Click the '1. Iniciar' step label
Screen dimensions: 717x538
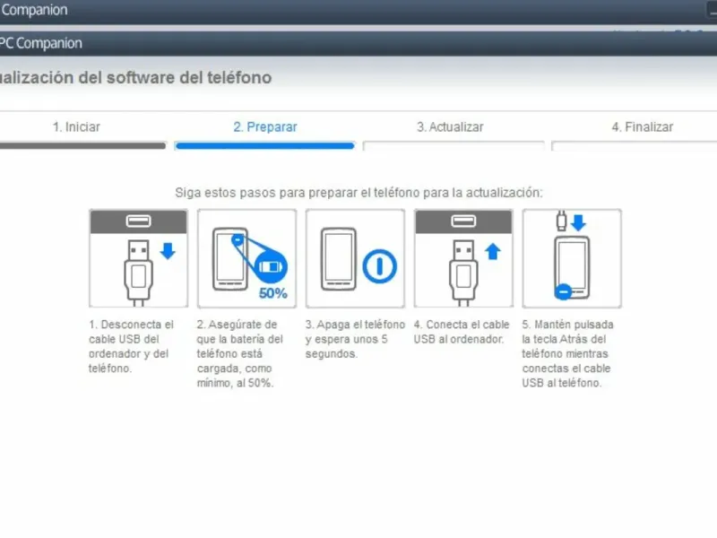point(76,126)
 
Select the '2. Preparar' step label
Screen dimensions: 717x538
point(265,126)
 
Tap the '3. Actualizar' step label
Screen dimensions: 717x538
point(450,126)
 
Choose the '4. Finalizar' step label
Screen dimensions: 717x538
point(643,126)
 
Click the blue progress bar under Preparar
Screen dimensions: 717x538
point(264,145)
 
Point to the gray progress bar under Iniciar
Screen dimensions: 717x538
point(82,145)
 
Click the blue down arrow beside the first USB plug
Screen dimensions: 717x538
point(168,251)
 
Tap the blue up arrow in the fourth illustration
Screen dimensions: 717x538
point(492,251)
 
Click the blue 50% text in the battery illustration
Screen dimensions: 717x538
point(273,293)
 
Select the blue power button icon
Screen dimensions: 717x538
point(379,265)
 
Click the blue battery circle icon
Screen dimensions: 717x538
point(271,266)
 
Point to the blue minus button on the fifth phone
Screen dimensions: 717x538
point(563,291)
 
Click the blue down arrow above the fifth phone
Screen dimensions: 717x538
point(578,222)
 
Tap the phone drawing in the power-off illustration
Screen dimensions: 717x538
point(339,259)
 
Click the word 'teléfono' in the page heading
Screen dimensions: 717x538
point(239,77)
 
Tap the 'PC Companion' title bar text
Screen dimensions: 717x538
point(40,43)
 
